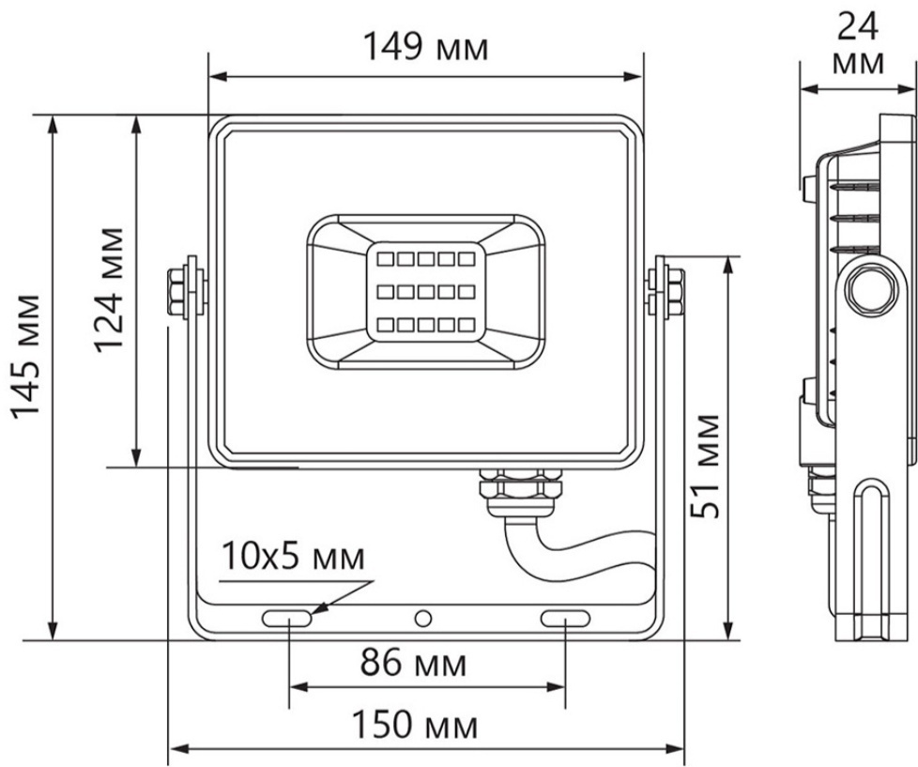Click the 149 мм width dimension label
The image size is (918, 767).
pyautogui.click(x=425, y=46)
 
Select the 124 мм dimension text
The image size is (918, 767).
pyautogui.click(x=110, y=289)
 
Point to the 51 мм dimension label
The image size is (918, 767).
pyautogui.click(x=704, y=466)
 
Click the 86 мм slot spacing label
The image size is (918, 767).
pyautogui.click(x=413, y=662)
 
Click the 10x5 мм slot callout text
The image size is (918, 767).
pyautogui.click(x=293, y=557)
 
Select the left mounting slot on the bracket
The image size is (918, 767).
pyautogui.click(x=287, y=619)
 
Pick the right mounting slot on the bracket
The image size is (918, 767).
pyautogui.click(x=565, y=619)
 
